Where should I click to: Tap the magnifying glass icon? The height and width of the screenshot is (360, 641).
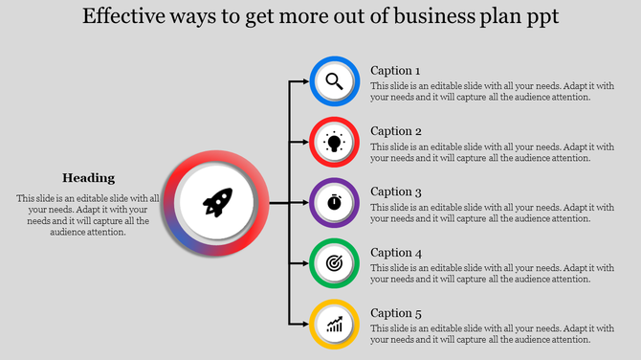click(334, 81)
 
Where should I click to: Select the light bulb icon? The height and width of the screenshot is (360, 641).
click(334, 142)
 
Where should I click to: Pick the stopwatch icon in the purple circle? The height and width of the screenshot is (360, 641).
click(334, 203)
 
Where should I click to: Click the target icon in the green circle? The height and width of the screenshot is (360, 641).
click(334, 262)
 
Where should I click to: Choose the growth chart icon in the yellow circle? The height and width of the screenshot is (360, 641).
click(334, 324)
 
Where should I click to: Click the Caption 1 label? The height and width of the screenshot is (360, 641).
click(395, 71)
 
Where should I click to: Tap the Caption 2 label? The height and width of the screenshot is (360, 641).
click(395, 131)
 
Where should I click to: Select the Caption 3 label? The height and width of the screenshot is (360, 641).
click(395, 191)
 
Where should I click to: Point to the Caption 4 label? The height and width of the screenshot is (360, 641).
click(395, 253)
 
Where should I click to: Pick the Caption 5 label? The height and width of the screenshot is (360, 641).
click(395, 313)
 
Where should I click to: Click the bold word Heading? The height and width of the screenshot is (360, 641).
click(88, 177)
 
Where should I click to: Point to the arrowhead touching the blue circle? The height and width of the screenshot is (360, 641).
click(304, 81)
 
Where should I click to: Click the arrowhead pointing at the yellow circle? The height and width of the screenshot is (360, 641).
click(304, 324)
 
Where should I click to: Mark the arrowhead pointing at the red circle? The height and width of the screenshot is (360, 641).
click(304, 142)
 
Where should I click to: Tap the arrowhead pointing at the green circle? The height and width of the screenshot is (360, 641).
click(304, 262)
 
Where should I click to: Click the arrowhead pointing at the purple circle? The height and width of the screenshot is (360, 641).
click(304, 203)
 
